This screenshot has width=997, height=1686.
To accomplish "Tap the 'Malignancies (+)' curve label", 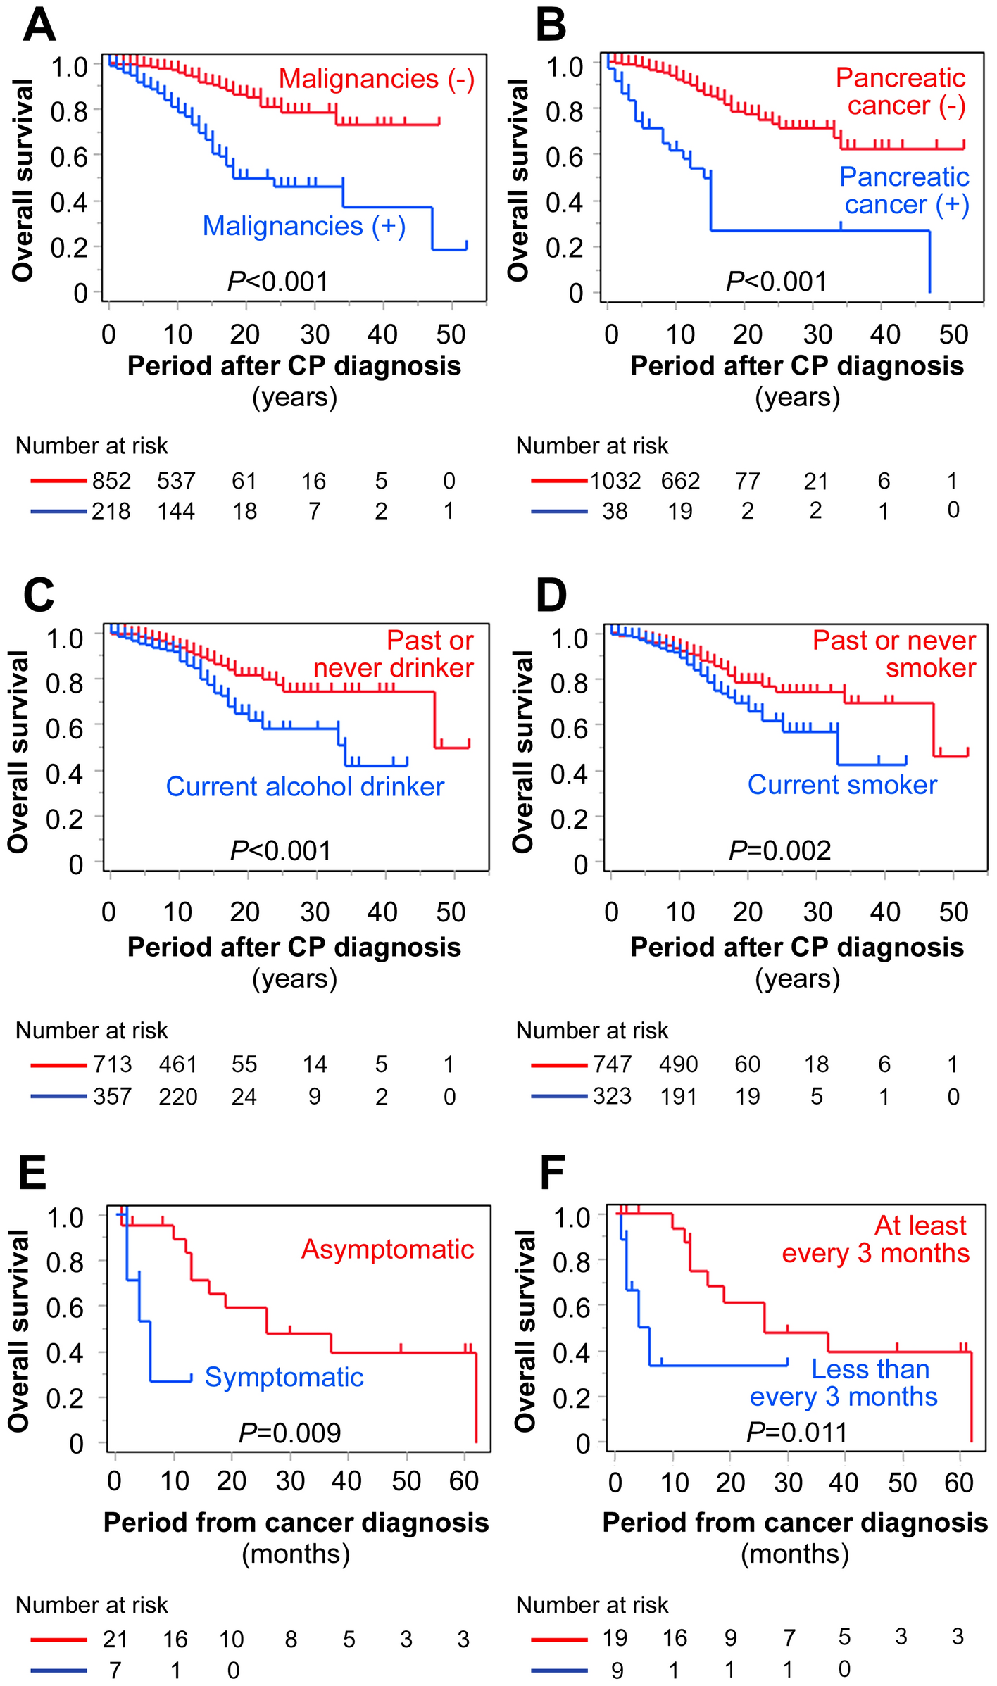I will (x=303, y=226).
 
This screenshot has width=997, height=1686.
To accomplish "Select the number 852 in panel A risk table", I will (x=111, y=481).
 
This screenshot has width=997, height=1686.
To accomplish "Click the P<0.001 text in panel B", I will (x=777, y=282).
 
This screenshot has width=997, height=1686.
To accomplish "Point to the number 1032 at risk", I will (x=615, y=481).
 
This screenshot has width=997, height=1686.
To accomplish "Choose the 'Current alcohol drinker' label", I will (x=305, y=786).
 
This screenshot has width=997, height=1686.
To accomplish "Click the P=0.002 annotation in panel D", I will (x=779, y=850).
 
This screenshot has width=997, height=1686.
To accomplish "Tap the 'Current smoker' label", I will (x=842, y=784).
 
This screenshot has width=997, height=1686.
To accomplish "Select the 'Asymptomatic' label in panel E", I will (x=387, y=1249).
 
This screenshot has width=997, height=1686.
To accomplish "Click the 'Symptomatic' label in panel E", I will (x=284, y=1377).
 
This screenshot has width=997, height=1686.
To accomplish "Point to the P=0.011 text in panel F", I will (x=796, y=1432).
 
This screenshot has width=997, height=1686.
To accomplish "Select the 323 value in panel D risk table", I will (x=612, y=1096).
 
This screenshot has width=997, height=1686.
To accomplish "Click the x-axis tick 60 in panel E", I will (x=463, y=1481).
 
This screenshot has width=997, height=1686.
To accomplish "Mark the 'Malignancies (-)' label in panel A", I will (x=377, y=79).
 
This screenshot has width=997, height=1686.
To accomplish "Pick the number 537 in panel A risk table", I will (x=176, y=481).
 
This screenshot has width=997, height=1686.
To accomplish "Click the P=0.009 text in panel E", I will (x=289, y=1433).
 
